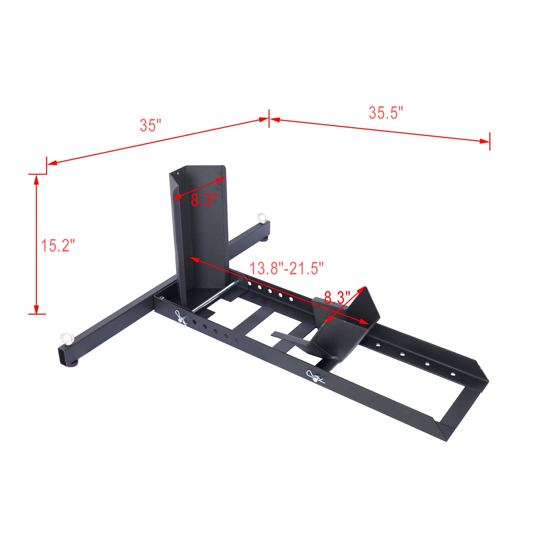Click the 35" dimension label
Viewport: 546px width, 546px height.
click(150, 125)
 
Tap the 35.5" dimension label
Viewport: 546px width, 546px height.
click(386, 113)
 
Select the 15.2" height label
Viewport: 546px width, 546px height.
click(58, 246)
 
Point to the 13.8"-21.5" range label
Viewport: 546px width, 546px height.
click(286, 269)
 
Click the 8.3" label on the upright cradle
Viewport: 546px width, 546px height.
click(204, 200)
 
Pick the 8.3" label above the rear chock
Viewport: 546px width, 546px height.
click(337, 298)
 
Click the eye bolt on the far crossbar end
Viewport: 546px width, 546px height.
click(261, 217)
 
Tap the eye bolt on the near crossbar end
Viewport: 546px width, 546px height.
click(66, 338)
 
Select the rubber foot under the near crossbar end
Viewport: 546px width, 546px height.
click(72, 363)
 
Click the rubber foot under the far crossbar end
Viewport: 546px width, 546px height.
click(266, 238)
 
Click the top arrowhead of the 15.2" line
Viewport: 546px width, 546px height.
click(36, 179)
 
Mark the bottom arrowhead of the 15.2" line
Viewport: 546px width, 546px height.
click(36, 309)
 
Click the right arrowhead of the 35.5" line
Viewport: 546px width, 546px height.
click(485, 141)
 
